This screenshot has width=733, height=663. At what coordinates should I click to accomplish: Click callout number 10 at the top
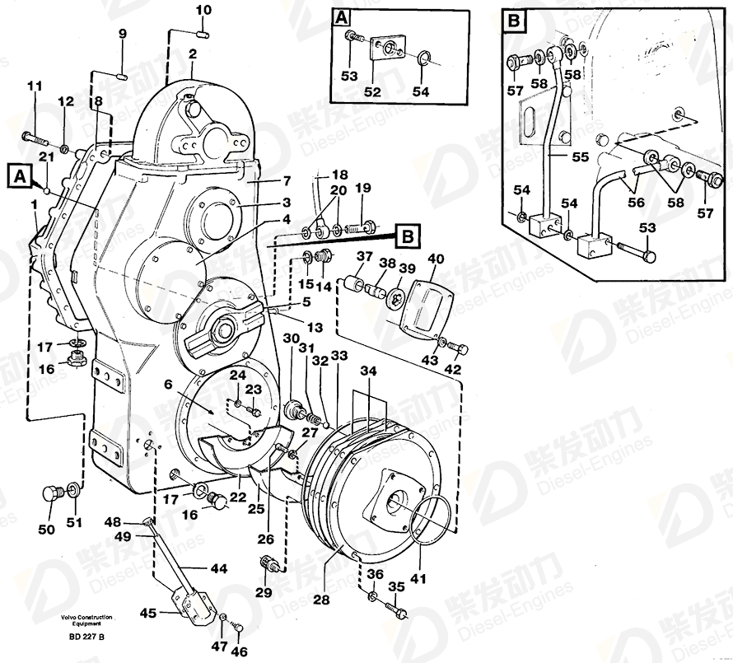tap(203, 10)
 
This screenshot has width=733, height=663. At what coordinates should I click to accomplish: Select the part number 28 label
tap(320, 600)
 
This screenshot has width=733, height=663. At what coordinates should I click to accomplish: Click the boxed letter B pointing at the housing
tap(406, 237)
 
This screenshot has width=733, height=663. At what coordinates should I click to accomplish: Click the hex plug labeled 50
tap(49, 495)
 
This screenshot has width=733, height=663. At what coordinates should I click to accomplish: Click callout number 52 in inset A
tap(372, 91)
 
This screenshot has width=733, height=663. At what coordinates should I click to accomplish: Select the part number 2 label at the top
tap(192, 54)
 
